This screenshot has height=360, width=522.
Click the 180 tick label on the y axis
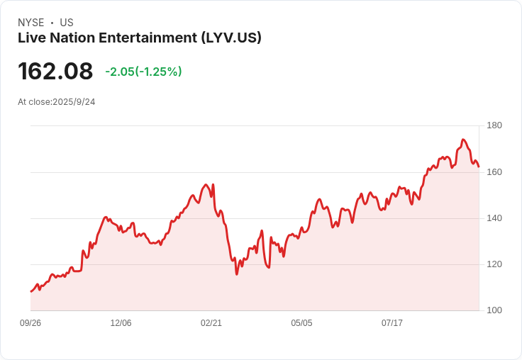[x=494, y=125]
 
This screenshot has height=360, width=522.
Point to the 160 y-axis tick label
[x=494, y=172]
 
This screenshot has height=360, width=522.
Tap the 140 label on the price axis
[x=494, y=218]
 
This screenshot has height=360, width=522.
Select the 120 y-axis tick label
[x=494, y=264]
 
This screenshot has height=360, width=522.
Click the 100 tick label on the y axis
[x=494, y=310]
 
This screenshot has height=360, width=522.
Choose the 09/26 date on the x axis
[x=30, y=322]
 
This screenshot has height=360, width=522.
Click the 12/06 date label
[x=121, y=322]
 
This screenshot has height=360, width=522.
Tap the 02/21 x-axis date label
[x=211, y=322]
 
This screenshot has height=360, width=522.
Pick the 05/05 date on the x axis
[x=301, y=322]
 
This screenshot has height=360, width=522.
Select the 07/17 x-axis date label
[x=391, y=322]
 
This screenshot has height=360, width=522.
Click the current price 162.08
[x=55, y=71]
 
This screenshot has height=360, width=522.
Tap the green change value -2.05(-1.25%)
[x=143, y=72]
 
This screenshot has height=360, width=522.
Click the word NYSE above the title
[x=31, y=23]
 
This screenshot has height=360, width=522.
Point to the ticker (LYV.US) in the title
[x=231, y=38]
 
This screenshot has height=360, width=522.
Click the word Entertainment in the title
[x=148, y=38]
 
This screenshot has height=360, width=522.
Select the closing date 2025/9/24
[x=74, y=102]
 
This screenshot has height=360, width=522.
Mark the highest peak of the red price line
[x=462, y=140]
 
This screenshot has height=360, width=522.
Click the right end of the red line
[x=479, y=167]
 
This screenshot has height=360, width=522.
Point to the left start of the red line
[x=31, y=291]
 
